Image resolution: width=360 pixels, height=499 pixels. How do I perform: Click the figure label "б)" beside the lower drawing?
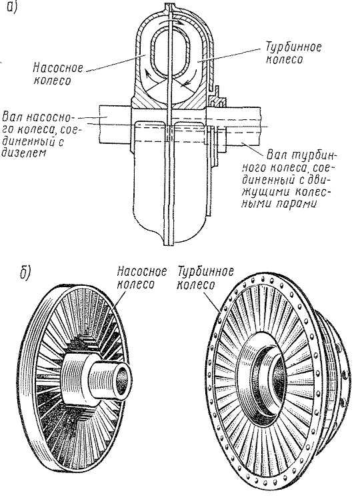pyautogui.click(x=25, y=274)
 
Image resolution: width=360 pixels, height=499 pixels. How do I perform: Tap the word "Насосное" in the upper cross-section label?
pyautogui.click(x=58, y=68)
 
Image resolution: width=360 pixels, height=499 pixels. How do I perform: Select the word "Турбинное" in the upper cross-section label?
pyautogui.click(x=293, y=48)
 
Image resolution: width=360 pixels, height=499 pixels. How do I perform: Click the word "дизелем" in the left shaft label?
pyautogui.click(x=23, y=153)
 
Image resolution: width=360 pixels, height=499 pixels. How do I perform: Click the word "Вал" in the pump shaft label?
pyautogui.click(x=13, y=117)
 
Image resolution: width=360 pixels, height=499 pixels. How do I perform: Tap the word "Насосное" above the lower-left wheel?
pyautogui.click(x=142, y=272)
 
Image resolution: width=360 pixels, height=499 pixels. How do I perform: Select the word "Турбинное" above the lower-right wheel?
pyautogui.click(x=205, y=272)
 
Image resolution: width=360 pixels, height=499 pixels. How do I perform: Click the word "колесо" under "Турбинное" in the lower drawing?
pyautogui.click(x=195, y=285)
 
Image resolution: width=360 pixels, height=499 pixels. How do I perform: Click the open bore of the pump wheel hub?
pyautogui.click(x=122, y=380)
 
